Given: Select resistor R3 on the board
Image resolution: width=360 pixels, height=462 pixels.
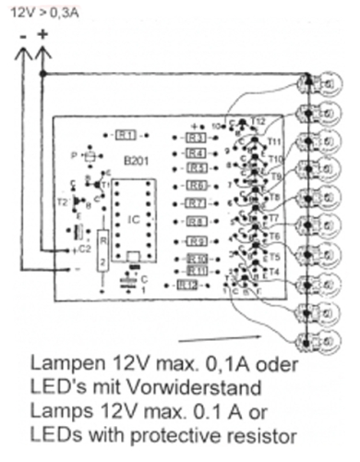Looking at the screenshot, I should click(195, 138).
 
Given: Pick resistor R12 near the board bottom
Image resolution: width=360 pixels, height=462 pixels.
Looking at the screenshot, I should click(188, 286).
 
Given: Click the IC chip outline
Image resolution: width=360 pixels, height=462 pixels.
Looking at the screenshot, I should click(135, 219).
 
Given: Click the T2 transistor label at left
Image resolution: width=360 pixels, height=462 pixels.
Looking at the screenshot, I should click(63, 200).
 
